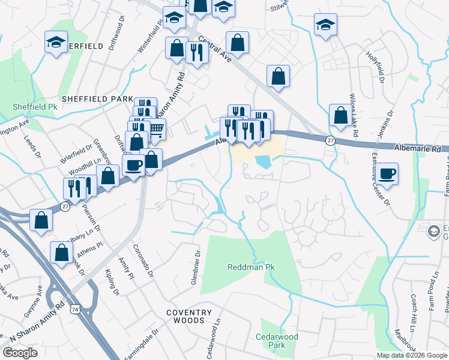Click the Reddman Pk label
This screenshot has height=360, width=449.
[x=250, y=266]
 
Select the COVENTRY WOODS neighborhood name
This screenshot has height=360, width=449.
[x=190, y=317]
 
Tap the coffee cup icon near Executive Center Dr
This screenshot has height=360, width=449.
[x=388, y=173]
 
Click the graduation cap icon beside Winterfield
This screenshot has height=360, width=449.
[x=56, y=43]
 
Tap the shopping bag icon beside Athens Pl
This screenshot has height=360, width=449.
[x=61, y=252]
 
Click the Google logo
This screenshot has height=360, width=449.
[x=20, y=353]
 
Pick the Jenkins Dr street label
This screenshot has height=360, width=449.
[x=385, y=124]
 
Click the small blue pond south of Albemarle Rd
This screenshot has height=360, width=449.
[x=262, y=161]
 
